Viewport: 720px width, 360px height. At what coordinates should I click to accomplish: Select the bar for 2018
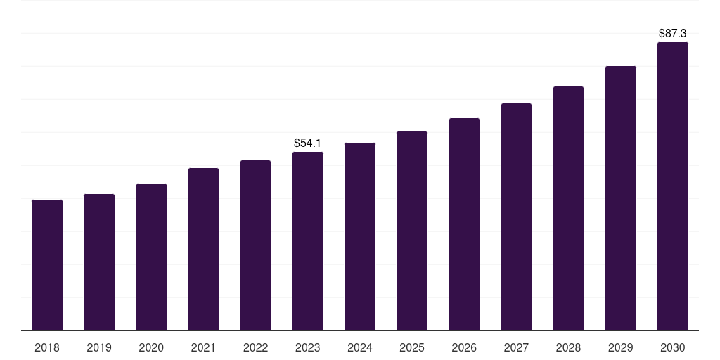click(47, 265)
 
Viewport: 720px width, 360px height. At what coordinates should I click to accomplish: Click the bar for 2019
click(99, 262)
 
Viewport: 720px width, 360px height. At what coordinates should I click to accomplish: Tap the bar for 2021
click(203, 250)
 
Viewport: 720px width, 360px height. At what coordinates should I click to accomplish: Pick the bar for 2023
click(308, 241)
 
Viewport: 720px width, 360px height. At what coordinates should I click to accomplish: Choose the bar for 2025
click(412, 231)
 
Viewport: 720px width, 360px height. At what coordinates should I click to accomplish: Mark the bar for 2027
click(516, 217)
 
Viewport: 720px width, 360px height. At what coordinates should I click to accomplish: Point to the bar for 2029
click(620, 198)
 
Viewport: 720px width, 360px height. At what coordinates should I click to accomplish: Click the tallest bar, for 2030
click(673, 186)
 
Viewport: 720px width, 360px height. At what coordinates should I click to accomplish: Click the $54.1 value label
click(308, 143)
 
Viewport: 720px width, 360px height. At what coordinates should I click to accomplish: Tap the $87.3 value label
click(673, 34)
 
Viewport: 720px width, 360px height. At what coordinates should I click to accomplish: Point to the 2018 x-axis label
click(47, 347)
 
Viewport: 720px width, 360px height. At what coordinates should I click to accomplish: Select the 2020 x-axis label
click(151, 347)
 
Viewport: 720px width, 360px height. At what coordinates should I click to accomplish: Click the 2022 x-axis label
click(255, 347)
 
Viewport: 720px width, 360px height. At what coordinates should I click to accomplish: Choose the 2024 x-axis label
click(359, 347)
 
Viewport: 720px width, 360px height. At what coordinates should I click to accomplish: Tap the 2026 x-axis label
click(464, 347)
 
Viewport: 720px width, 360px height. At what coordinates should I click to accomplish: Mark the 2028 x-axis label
click(568, 347)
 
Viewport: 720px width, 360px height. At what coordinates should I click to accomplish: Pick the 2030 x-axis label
click(673, 347)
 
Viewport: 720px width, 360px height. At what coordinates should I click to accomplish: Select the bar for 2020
click(151, 257)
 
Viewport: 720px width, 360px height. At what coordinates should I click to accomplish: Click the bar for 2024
click(359, 236)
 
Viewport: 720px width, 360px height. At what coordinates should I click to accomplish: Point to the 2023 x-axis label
click(308, 347)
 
